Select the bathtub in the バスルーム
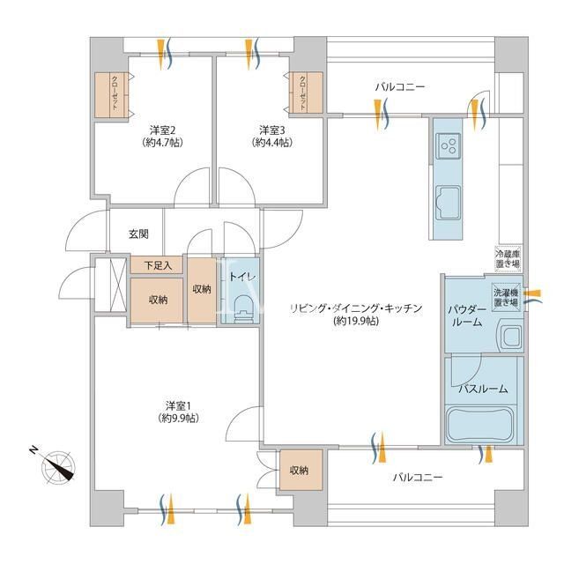pyautogui.click(x=480, y=425)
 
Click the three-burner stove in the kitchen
pyautogui.click(x=449, y=145)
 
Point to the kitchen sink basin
pyautogui.click(x=449, y=202)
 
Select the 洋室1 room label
pyautogui.click(x=178, y=405)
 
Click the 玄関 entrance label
pyautogui.click(x=138, y=234)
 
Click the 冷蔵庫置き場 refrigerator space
pyautogui.click(x=508, y=258)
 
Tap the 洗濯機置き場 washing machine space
pyautogui.click(x=506, y=296)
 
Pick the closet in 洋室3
pyautogui.click(x=307, y=93)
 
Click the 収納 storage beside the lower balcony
pyautogui.click(x=301, y=470)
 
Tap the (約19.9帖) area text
pyautogui.click(x=356, y=321)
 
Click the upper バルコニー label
pyautogui.click(x=400, y=87)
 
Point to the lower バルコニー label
pyautogui.click(x=418, y=478)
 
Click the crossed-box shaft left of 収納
pyautogui.click(x=111, y=285)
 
